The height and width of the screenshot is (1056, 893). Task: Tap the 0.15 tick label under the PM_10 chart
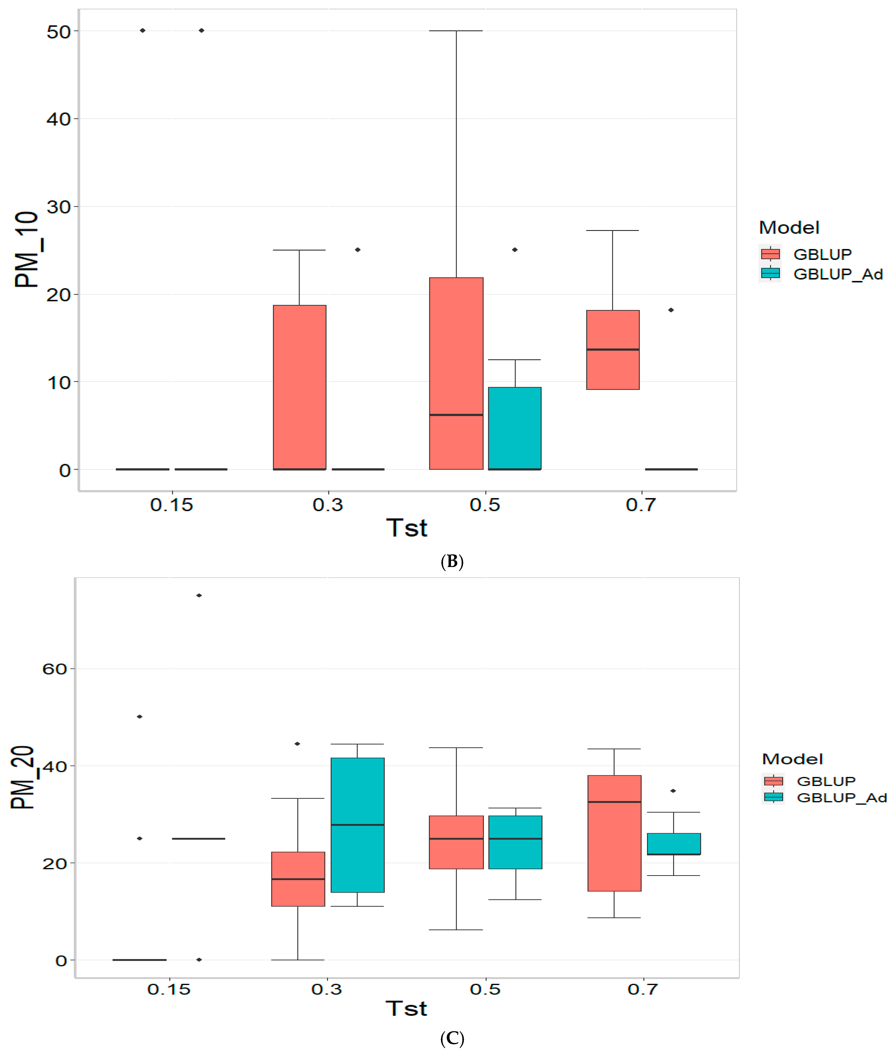point(172,505)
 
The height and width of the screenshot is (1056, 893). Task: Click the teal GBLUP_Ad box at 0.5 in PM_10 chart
point(515,428)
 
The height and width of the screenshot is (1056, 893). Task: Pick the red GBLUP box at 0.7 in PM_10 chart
point(613,350)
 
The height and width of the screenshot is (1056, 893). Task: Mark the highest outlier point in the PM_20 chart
point(199,595)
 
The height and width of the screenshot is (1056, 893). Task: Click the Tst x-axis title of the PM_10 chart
point(406,528)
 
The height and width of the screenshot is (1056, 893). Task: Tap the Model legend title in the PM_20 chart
point(792,759)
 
